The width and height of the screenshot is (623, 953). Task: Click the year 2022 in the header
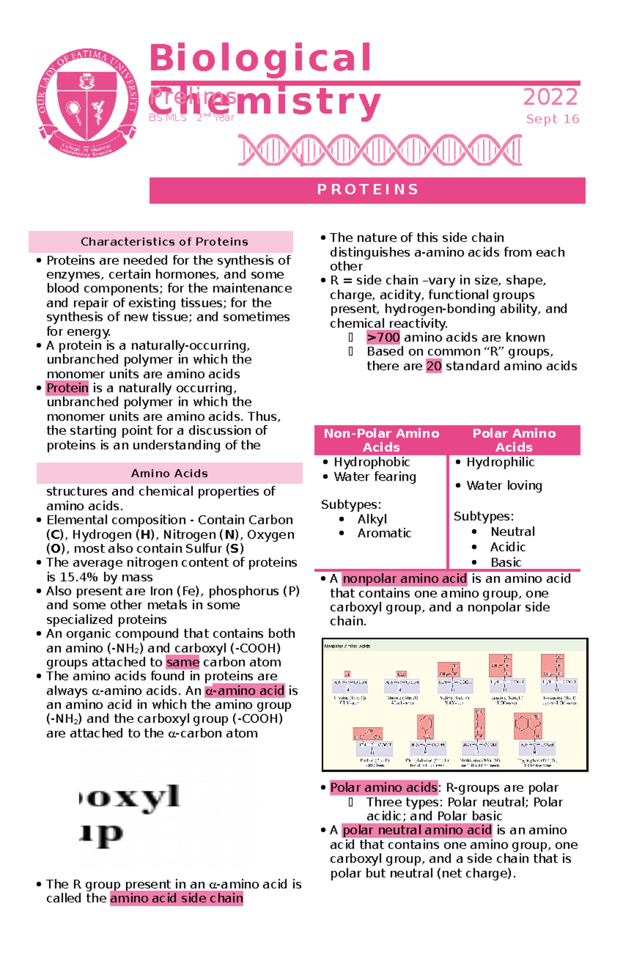[x=550, y=97]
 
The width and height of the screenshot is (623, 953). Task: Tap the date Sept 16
[x=552, y=119]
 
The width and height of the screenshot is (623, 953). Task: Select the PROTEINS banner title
[x=368, y=190]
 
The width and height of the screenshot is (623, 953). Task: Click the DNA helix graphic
[x=380, y=150]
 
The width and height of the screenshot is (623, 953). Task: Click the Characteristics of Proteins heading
[x=164, y=242]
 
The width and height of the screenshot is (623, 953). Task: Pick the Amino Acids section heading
[x=169, y=474]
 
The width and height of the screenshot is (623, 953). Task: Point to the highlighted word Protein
[x=67, y=388]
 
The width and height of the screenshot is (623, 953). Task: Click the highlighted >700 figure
[x=383, y=338]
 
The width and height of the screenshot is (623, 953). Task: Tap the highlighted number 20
[x=434, y=366]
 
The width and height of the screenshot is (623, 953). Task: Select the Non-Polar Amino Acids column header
[x=381, y=440]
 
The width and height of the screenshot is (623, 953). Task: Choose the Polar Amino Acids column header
[x=514, y=440]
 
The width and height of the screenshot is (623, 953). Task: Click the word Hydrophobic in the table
[x=372, y=462]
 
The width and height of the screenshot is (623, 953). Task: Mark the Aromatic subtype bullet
[x=384, y=533]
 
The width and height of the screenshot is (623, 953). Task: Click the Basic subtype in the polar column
[x=506, y=562]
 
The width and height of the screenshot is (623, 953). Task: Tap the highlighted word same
[x=183, y=662]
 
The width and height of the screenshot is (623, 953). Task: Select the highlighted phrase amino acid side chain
[x=177, y=898]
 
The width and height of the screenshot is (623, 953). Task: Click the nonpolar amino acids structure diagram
[x=455, y=705]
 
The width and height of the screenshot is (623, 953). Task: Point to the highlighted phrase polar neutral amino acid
[x=417, y=830]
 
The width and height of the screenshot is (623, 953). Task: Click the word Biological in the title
[x=261, y=58]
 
